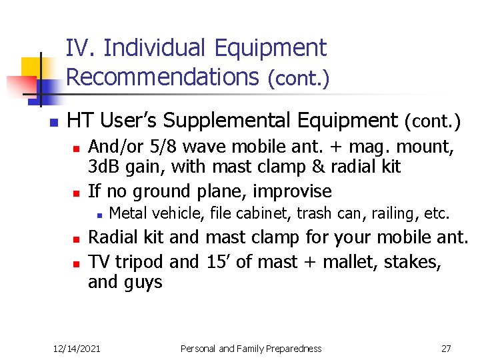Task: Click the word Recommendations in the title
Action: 162,77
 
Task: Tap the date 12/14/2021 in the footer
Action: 77,349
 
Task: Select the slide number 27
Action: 446,349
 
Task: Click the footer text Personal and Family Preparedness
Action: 251,349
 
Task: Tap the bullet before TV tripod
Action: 77,262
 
